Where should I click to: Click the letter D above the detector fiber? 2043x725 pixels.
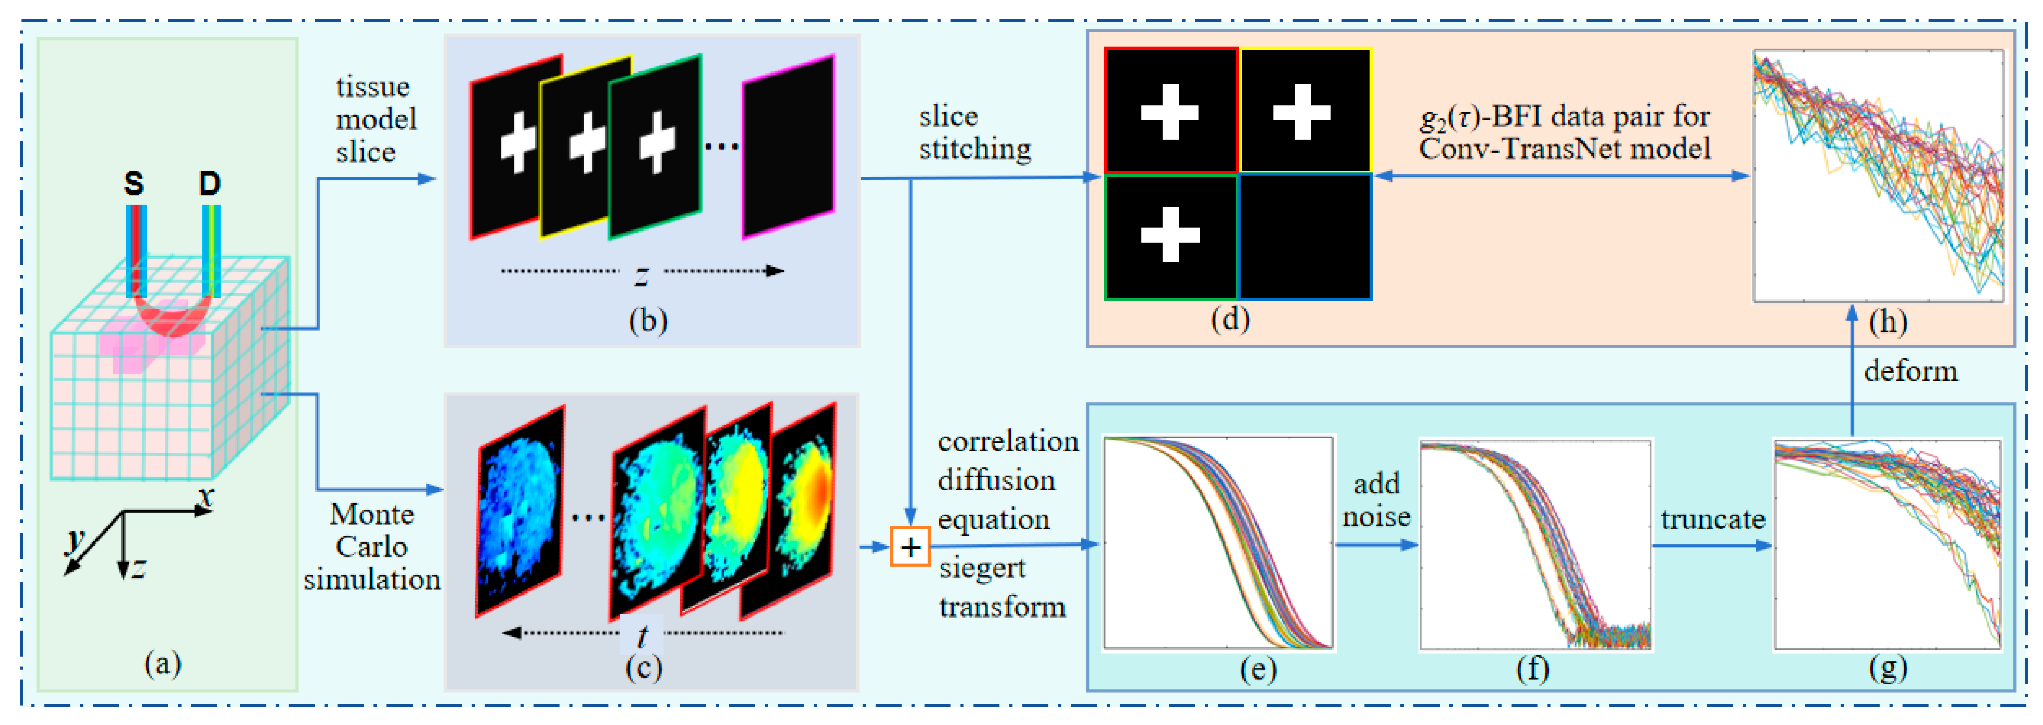[209, 184]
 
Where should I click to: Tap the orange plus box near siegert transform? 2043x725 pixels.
[910, 547]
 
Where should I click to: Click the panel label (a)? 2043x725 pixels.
[163, 663]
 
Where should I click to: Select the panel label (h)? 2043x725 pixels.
[1888, 322]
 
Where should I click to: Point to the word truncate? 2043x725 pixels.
[1712, 519]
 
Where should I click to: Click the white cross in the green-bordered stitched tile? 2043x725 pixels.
[1170, 235]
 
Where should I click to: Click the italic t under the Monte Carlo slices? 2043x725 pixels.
[643, 635]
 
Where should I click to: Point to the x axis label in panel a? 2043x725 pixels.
[206, 498]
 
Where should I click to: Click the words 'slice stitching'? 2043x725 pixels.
[974, 133]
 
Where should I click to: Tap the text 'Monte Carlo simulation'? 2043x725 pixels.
[371, 547]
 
